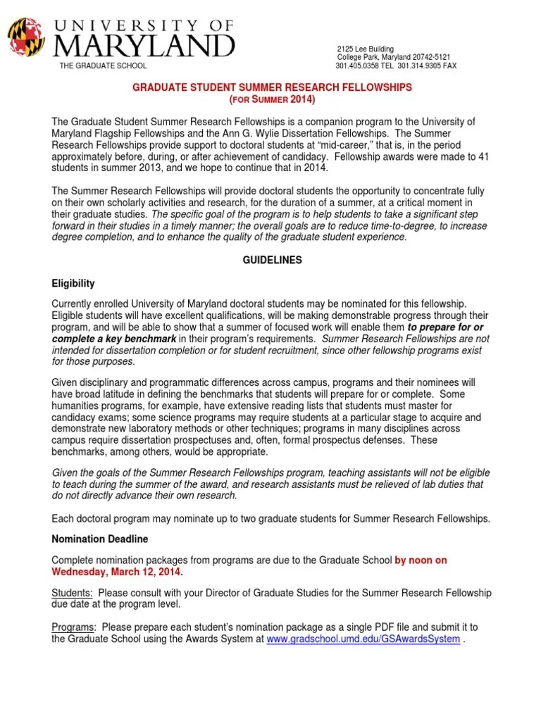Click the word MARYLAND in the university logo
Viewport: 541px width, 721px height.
pos(144,46)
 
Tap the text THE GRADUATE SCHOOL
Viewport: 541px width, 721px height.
pos(103,66)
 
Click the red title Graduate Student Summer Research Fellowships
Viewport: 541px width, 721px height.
pos(272,87)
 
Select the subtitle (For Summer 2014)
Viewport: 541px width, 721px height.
pos(271,99)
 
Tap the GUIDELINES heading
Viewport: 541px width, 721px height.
pos(271,260)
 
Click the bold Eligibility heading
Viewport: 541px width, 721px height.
pos(73,284)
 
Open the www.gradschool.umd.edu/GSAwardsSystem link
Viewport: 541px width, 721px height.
pos(363,639)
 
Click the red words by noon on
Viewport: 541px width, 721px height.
pos(421,560)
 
